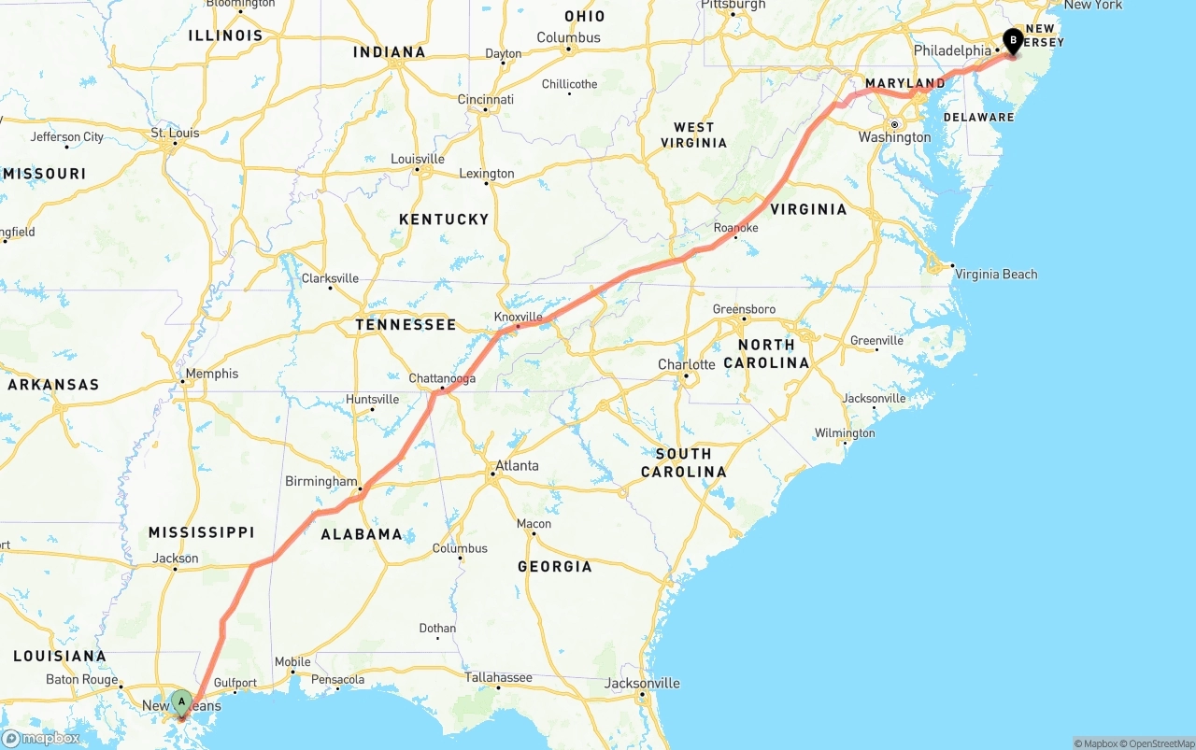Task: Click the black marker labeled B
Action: point(1012,40)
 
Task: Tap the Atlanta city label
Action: point(517,465)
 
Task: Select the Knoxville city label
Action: point(518,317)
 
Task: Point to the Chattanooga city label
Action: point(442,378)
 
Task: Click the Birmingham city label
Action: point(320,481)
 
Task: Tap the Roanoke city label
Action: point(735,228)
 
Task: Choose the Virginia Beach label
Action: point(995,274)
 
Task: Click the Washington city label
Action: point(894,137)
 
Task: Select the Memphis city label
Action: point(212,374)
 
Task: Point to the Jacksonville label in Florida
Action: point(641,683)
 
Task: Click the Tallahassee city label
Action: point(498,677)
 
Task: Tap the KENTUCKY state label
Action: point(444,219)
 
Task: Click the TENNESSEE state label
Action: point(406,324)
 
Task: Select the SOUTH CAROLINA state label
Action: point(683,462)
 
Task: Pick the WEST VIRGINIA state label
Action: point(693,134)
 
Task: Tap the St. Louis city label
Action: point(176,133)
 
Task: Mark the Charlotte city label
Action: point(686,364)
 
